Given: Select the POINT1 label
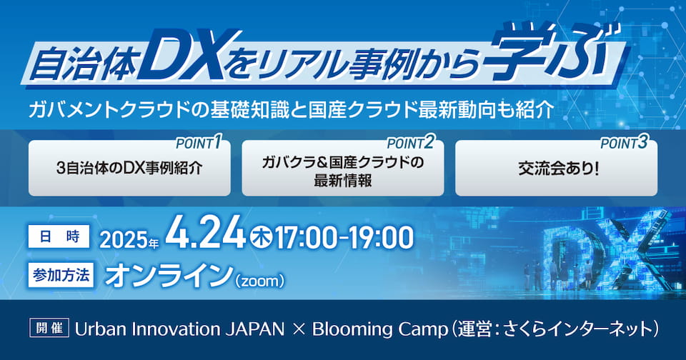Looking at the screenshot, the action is (198, 143).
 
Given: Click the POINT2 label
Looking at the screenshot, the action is (410, 143).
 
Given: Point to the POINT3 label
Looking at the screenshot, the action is (624, 143).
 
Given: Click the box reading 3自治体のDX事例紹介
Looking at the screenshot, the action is (129, 168).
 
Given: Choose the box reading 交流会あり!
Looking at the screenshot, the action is (556, 168).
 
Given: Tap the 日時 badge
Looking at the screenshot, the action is (59, 236).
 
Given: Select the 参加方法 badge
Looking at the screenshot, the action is (61, 275).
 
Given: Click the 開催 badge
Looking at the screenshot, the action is (49, 328).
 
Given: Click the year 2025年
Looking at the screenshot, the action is (129, 239).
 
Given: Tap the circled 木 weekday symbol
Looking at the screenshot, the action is (261, 238).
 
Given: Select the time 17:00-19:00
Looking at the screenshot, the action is (344, 238).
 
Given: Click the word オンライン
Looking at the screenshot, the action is (169, 276).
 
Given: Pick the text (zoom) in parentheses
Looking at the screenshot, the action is (259, 281).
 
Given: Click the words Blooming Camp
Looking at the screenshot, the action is (379, 329).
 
